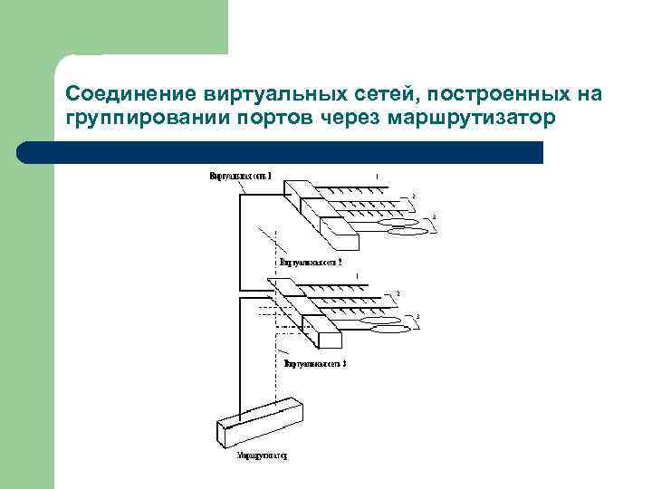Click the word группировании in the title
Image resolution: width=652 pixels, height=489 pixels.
click(x=136, y=119)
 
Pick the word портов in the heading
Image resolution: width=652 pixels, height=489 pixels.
click(x=261, y=119)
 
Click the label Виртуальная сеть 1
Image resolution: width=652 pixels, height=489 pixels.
click(x=240, y=174)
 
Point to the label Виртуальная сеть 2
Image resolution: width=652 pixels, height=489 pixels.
click(x=311, y=262)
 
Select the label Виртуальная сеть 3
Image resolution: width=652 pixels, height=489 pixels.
click(x=315, y=363)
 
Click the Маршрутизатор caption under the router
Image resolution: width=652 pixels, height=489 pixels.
click(x=262, y=457)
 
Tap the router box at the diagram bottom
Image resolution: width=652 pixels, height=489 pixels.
click(x=261, y=421)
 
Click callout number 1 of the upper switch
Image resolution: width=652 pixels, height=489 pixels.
click(x=378, y=176)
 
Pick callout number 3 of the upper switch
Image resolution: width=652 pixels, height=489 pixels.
click(x=434, y=216)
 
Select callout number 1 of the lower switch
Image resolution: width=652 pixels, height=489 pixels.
click(x=358, y=274)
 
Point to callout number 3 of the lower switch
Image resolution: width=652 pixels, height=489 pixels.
click(x=417, y=315)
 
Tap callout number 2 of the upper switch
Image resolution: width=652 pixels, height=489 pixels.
click(x=414, y=195)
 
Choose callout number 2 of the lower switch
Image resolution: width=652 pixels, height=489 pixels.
click(x=396, y=294)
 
